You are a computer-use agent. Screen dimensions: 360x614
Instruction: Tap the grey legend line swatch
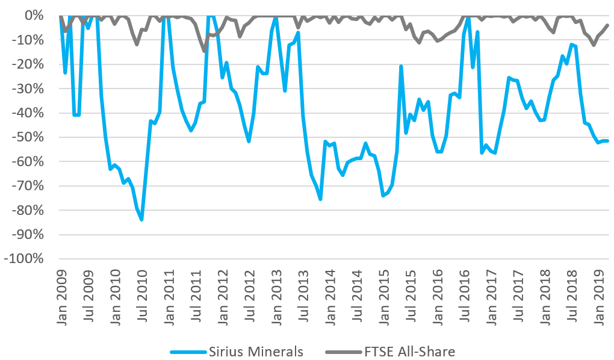(341, 351)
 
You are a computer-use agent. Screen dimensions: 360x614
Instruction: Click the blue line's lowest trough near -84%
(141, 219)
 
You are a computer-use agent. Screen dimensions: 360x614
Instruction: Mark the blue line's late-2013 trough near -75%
(320, 199)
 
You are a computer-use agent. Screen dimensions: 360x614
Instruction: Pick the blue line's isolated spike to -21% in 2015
(401, 66)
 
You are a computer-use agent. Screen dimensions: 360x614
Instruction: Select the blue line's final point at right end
(607, 141)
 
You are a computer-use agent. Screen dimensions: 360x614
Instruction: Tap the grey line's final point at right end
(607, 25)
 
